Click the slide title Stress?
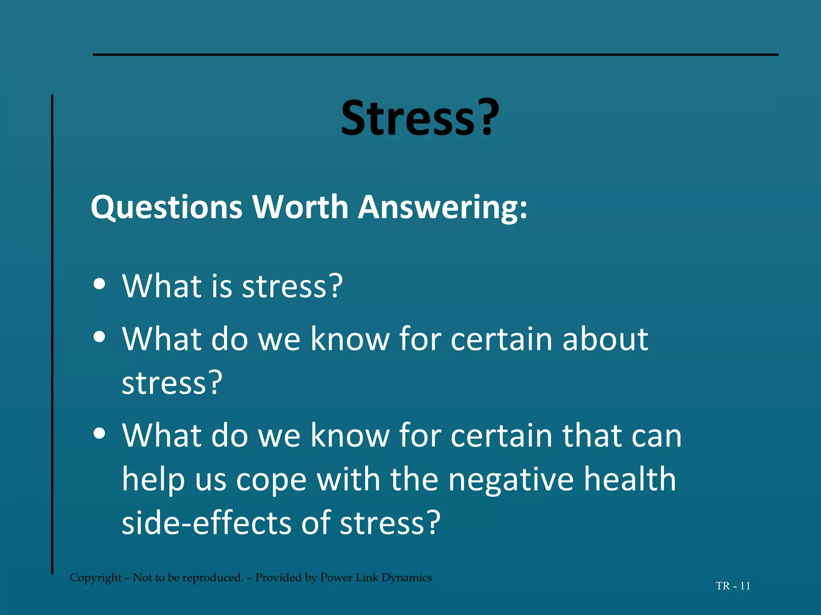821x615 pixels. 420,118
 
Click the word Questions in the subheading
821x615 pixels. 167,207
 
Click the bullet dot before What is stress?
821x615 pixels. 99,284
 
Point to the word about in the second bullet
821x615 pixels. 605,339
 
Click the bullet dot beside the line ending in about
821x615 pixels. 99,337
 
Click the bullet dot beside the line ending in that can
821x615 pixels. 99,433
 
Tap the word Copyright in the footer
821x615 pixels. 95,578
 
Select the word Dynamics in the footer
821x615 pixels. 406,578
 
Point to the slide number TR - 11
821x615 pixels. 733,586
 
